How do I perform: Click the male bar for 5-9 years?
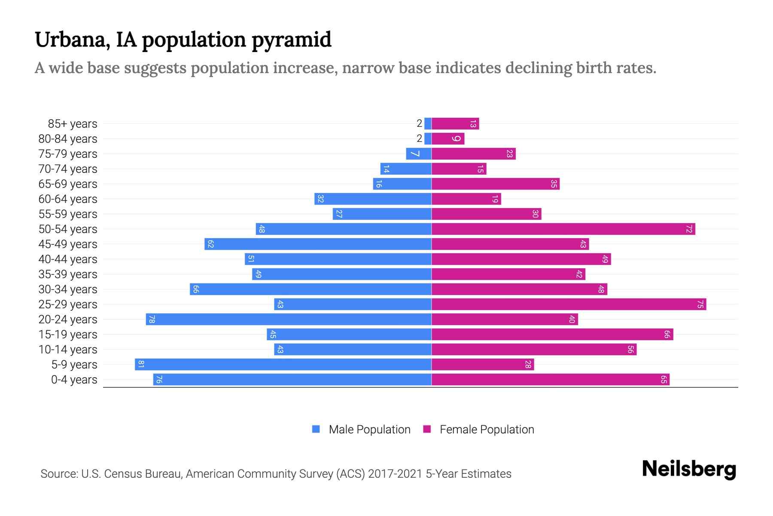[283, 365]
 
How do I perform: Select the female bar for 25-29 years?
[569, 304]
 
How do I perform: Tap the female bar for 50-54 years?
[563, 229]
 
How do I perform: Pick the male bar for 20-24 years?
[289, 319]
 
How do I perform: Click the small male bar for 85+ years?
[428, 124]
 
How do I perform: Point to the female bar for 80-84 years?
[448, 139]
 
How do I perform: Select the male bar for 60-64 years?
[373, 199]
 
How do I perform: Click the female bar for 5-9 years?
[483, 365]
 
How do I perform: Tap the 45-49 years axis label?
[68, 244]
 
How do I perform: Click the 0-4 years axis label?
[74, 380]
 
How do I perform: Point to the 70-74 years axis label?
[68, 169]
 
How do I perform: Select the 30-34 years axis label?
[68, 289]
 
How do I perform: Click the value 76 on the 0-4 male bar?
[159, 380]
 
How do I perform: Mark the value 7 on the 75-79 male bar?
[414, 154]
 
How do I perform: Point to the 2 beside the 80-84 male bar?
[419, 138]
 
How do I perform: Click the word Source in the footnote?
[59, 474]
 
